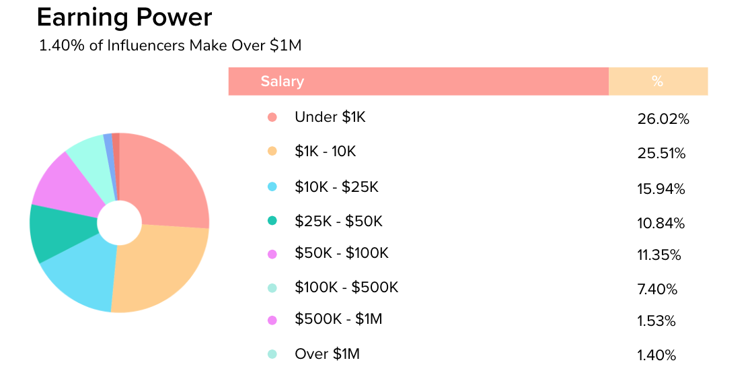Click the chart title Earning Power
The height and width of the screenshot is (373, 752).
124,18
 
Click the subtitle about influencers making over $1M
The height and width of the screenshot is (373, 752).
170,46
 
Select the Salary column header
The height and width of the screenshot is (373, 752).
283,81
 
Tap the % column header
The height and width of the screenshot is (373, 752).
657,81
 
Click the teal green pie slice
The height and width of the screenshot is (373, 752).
61,232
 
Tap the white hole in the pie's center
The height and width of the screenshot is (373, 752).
119,223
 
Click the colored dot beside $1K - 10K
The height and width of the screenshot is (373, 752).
272,151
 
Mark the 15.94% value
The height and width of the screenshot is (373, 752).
661,189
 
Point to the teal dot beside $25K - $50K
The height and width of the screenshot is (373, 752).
272,221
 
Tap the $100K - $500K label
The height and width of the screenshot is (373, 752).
346,287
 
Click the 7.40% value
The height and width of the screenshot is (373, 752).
656,290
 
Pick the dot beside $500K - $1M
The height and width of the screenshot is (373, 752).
272,320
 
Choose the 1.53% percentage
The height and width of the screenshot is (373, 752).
656,322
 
